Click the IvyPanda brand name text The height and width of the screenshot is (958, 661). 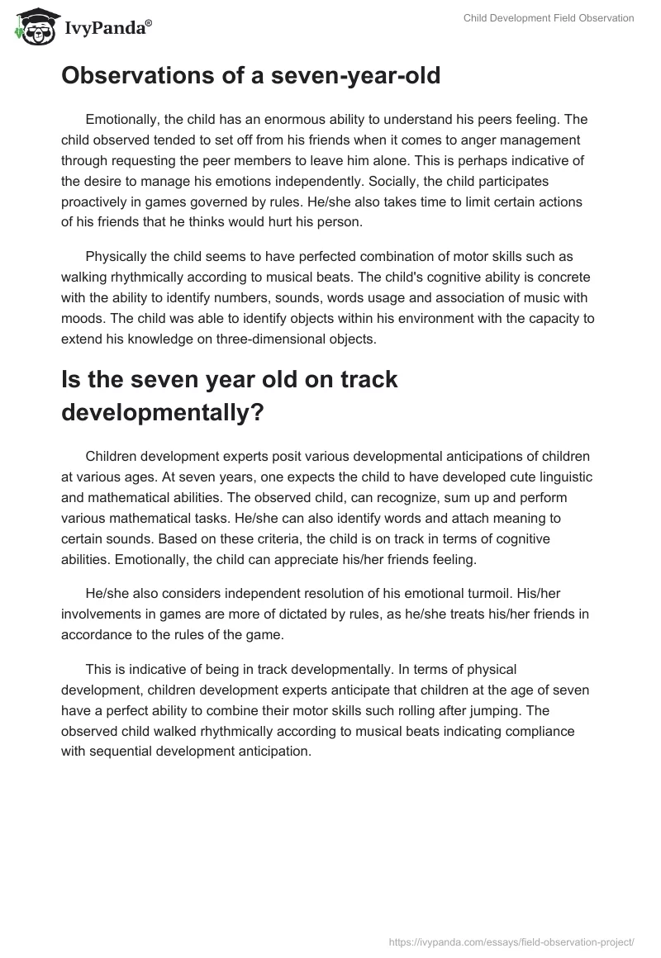click(105, 27)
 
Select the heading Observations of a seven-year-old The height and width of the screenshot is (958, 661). click(250, 76)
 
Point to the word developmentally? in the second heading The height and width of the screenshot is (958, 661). click(163, 411)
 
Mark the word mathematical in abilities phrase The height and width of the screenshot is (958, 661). click(127, 497)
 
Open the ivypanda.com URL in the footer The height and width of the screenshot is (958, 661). click(511, 941)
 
